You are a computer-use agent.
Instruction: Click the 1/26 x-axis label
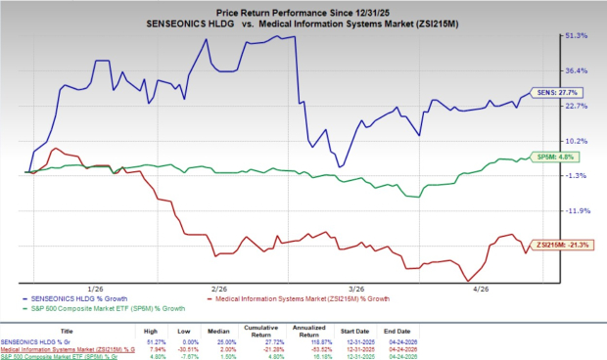click(x=97, y=290)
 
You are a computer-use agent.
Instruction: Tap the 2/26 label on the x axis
click(x=216, y=290)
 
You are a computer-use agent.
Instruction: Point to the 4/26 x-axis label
click(x=482, y=290)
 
